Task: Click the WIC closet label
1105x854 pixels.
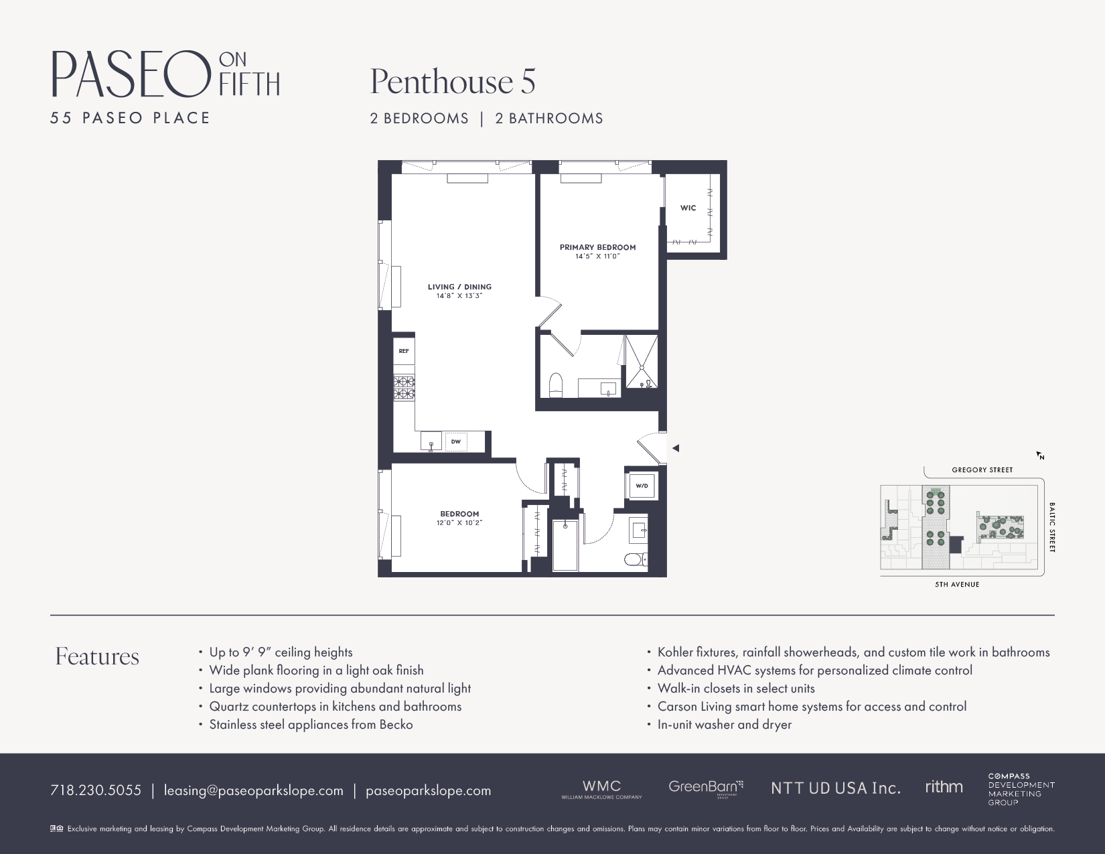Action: tap(688, 208)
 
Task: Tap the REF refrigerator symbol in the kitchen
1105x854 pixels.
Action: tap(404, 351)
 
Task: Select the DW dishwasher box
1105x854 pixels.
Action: tap(455, 441)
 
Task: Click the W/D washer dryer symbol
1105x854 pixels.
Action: tap(642, 486)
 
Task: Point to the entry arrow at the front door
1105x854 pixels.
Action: tap(676, 448)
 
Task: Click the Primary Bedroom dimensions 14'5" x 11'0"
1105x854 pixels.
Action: tap(597, 256)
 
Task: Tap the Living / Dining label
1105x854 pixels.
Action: tap(459, 287)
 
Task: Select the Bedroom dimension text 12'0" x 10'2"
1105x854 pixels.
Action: tap(459, 522)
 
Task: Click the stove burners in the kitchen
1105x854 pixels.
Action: tap(404, 388)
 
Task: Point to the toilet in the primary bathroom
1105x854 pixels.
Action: tap(556, 385)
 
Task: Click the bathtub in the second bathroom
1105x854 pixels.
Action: tap(565, 545)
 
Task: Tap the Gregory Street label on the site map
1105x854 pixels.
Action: tap(982, 470)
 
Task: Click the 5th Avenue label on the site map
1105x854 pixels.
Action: tap(957, 584)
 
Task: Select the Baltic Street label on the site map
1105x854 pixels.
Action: tap(1052, 527)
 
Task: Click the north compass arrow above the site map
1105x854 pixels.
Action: tap(1040, 455)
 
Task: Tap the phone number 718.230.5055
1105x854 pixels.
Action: tap(96, 790)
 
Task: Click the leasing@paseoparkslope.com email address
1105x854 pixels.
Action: tap(253, 790)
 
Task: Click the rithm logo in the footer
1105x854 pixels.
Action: tap(944, 787)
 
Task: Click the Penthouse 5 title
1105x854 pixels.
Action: tap(453, 82)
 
